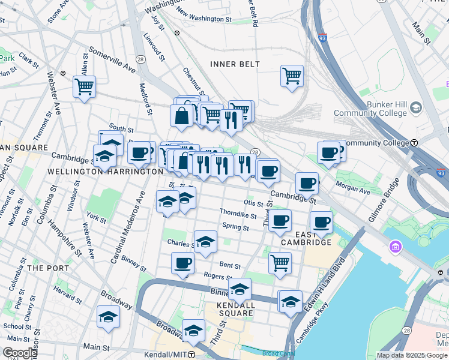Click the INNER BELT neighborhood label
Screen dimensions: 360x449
(235, 64)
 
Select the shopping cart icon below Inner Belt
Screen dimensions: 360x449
(292, 77)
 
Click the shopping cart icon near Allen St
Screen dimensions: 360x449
(84, 87)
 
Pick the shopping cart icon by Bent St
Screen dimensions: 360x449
(280, 263)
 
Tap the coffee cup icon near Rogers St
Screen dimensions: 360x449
(183, 263)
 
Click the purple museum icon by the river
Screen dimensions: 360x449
(396, 247)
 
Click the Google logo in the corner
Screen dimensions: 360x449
(20, 353)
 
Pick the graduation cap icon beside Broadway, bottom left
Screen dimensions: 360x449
(108, 317)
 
